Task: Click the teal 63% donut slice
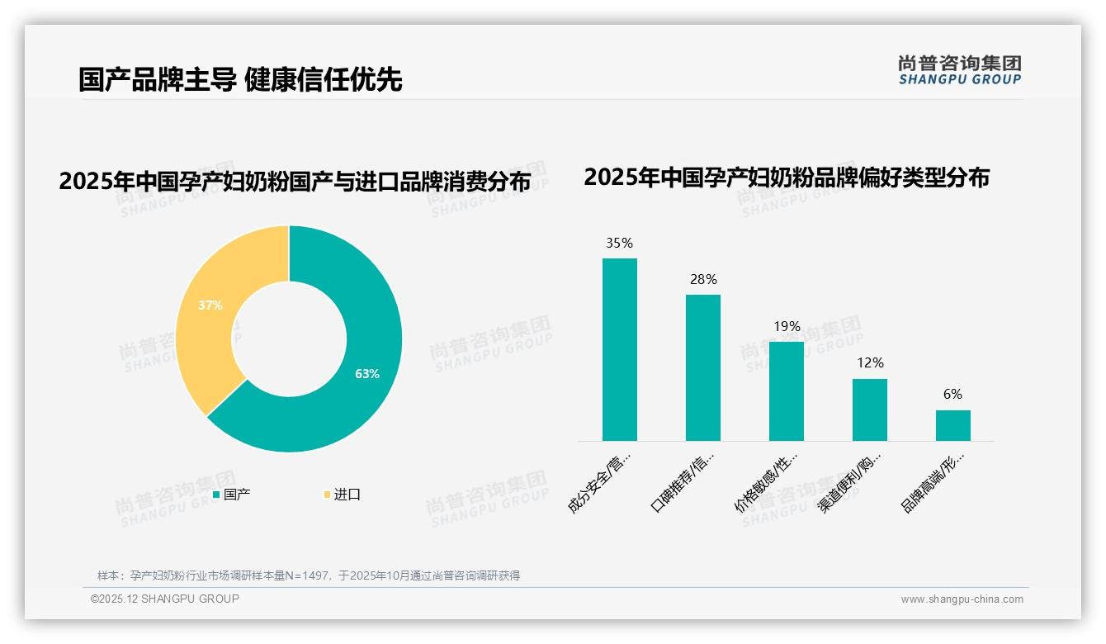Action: pyautogui.click(x=363, y=372)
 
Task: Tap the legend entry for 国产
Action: pyautogui.click(x=232, y=495)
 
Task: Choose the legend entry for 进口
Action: pyautogui.click(x=342, y=495)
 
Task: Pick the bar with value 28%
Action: pyautogui.click(x=702, y=367)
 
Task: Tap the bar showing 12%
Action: pyautogui.click(x=869, y=410)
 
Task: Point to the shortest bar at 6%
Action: pyautogui.click(x=952, y=425)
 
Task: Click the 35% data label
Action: pyautogui.click(x=619, y=243)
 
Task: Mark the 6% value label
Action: pyautogui.click(x=952, y=395)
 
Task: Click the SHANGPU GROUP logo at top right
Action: pyautogui.click(x=959, y=70)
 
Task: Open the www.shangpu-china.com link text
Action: pyautogui.click(x=962, y=599)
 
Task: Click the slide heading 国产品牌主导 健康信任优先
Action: pyautogui.click(x=240, y=79)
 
